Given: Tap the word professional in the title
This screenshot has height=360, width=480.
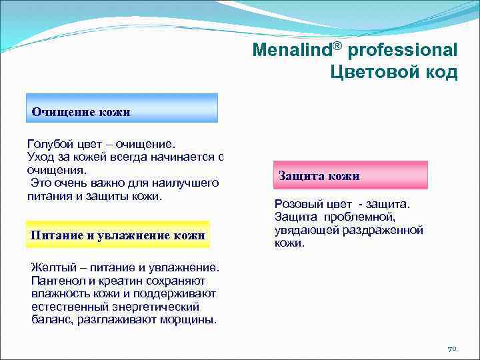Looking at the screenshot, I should pos(403,51).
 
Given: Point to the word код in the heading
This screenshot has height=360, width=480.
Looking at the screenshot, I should pos(442,72).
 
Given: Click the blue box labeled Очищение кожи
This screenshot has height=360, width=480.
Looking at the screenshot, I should pos(122,108).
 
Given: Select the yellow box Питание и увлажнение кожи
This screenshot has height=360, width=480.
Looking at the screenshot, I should pos(117,234).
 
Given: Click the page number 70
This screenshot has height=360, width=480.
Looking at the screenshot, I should pos(451,349).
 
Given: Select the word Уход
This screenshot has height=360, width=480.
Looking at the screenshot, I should pos(41,157).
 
